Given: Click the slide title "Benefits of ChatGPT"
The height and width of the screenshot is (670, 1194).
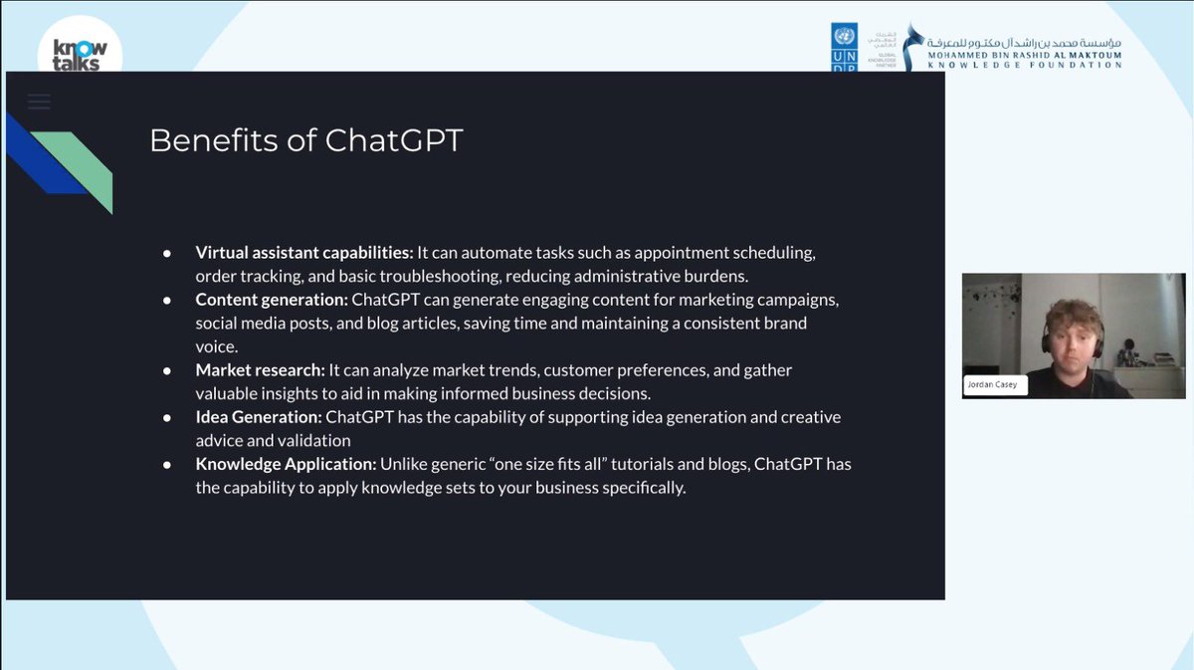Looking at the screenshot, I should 305,140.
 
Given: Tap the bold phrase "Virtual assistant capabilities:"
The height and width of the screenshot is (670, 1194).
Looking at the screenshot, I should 303,253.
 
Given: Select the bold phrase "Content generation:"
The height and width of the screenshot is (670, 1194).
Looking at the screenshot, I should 271,300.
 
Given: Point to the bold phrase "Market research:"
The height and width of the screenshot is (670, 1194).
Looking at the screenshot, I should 260,370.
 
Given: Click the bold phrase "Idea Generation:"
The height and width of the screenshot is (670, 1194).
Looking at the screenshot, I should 259,417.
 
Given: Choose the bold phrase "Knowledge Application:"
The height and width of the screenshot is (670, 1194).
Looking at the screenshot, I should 286,464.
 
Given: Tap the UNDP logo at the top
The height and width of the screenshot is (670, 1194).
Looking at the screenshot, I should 844,48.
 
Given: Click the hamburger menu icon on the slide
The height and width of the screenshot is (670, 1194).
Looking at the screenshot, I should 39,102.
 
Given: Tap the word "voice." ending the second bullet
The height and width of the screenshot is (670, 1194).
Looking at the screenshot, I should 217,346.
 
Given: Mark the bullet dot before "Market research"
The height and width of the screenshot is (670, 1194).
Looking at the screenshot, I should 168,370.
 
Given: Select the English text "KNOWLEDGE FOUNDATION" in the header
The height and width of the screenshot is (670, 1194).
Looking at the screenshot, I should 1025,65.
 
